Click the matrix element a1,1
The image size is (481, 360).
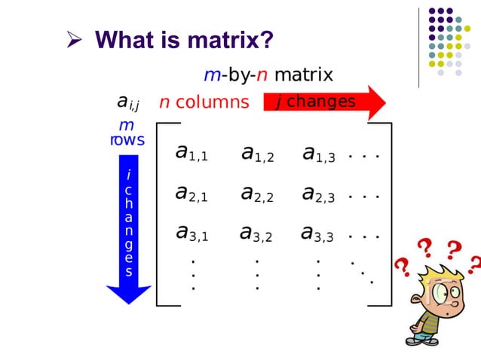pyautogui.click(x=191, y=153)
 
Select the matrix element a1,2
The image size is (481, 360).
pyautogui.click(x=257, y=154)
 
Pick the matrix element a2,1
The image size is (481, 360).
pyautogui.click(x=191, y=194)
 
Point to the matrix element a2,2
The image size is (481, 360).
pyautogui.click(x=257, y=194)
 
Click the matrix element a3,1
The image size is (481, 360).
pyautogui.click(x=191, y=233)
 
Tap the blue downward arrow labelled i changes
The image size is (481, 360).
pyautogui.click(x=129, y=233)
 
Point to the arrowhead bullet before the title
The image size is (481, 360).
pyautogui.click(x=75, y=39)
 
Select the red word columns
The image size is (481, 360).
pyautogui.click(x=212, y=102)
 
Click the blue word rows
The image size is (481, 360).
pyautogui.click(x=127, y=140)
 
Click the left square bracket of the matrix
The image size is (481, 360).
pyautogui.click(x=159, y=215)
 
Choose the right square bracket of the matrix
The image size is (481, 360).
pyautogui.click(x=389, y=215)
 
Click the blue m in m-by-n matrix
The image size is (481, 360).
pyautogui.click(x=210, y=75)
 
